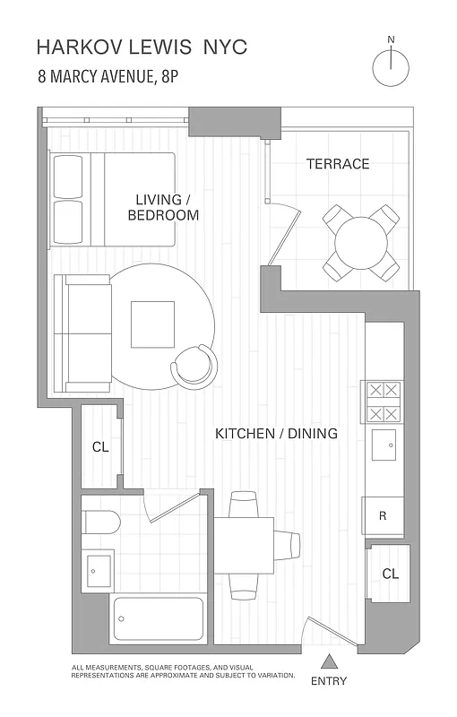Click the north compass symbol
(x=391, y=67)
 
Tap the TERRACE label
(x=337, y=164)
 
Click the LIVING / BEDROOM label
(x=163, y=207)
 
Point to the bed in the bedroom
(x=113, y=198)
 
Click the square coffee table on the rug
(x=151, y=324)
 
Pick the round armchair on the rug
(x=194, y=364)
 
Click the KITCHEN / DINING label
(x=276, y=434)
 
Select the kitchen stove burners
(x=383, y=402)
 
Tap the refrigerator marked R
(x=384, y=516)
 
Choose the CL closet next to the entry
(x=390, y=573)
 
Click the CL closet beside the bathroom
(x=100, y=446)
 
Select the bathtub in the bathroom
(x=159, y=618)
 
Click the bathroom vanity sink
(x=98, y=568)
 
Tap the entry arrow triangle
(x=329, y=661)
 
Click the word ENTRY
(x=329, y=681)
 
